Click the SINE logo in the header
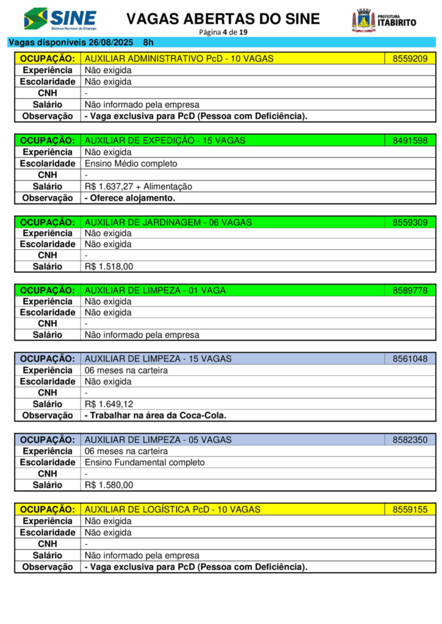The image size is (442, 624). (x=60, y=19)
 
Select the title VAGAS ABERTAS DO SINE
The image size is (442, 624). (x=223, y=19)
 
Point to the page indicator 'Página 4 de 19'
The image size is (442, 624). (x=223, y=32)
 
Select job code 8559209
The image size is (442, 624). (x=410, y=58)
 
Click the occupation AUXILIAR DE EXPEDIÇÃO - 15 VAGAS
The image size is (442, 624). (x=165, y=141)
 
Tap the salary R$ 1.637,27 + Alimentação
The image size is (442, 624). (x=138, y=186)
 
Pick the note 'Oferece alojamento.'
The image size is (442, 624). (x=129, y=198)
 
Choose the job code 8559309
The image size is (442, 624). (x=410, y=222)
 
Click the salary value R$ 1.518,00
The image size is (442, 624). (x=109, y=266)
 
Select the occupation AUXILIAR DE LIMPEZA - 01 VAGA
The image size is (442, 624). (x=155, y=291)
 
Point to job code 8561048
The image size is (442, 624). (x=410, y=359)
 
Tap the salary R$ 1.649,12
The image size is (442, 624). (x=109, y=404)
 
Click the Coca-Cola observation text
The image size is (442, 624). (x=155, y=416)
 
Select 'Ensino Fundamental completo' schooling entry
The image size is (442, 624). (x=145, y=463)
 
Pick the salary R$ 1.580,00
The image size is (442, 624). (x=109, y=485)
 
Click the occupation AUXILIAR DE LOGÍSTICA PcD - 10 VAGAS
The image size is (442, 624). (x=172, y=509)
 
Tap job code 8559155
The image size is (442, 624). (x=410, y=509)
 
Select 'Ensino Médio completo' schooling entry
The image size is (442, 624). (x=131, y=163)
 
